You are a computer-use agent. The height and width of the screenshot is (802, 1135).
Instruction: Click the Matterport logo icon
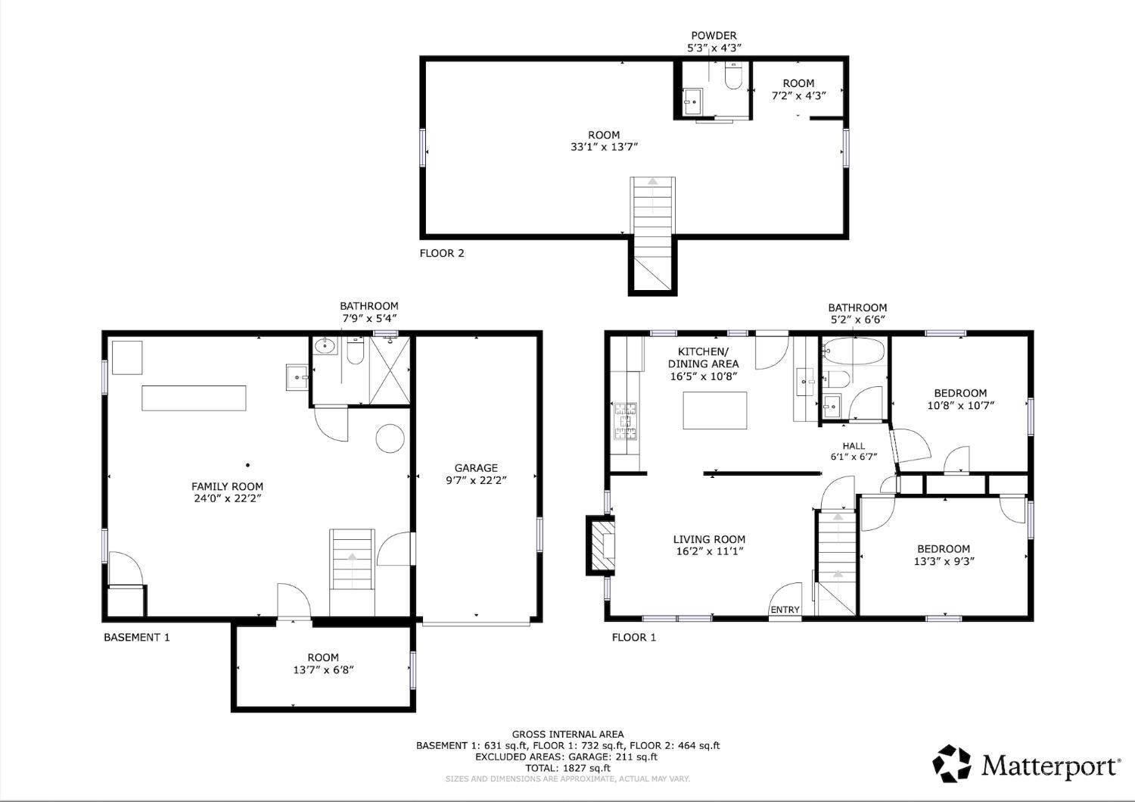click(952, 763)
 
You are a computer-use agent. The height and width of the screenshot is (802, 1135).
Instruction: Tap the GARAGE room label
click(476, 468)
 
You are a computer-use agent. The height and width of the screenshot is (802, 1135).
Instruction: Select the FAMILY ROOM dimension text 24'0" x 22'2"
click(227, 498)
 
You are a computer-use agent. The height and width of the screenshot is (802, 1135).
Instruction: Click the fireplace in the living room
click(601, 546)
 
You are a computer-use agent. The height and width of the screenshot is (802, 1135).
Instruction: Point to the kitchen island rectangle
click(714, 410)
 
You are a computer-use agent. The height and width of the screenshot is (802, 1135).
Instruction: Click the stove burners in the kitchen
click(626, 420)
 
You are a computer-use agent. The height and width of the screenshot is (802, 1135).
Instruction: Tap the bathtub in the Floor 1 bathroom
click(854, 351)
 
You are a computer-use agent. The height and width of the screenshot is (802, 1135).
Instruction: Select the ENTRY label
click(785, 610)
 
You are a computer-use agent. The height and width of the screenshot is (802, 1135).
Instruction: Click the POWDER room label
click(714, 36)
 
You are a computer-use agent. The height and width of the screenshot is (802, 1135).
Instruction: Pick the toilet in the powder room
click(733, 76)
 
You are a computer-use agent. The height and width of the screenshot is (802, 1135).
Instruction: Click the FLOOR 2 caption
click(442, 253)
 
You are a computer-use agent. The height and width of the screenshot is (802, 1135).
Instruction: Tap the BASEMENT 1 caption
click(137, 637)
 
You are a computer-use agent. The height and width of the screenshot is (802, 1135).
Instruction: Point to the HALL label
click(854, 446)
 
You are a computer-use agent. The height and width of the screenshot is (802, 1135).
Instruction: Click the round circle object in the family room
click(390, 438)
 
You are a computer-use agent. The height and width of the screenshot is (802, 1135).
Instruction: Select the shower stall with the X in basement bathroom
click(389, 370)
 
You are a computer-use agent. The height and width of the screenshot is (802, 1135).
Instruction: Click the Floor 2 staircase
click(652, 234)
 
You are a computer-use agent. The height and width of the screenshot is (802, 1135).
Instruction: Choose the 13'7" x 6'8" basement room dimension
click(323, 669)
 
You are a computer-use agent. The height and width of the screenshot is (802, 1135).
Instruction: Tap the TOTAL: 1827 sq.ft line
click(567, 768)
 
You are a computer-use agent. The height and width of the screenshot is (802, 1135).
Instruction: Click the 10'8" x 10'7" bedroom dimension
click(961, 405)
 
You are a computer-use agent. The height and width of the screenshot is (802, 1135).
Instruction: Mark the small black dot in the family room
click(247, 465)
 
